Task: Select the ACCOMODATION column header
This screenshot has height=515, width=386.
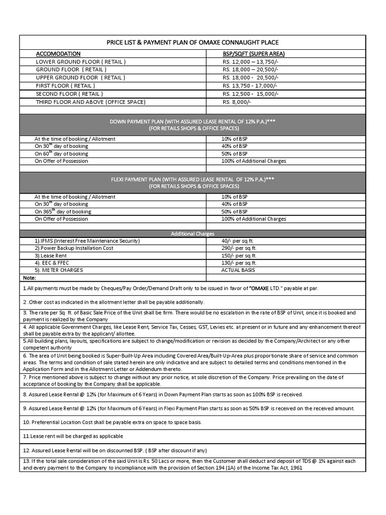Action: [58, 53]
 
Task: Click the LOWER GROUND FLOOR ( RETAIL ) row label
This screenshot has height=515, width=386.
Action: [80, 61]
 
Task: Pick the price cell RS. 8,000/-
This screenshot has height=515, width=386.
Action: [236, 102]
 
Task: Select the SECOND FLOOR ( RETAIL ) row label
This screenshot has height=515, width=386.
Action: [69, 94]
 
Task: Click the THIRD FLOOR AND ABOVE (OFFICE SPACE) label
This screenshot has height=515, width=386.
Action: [90, 102]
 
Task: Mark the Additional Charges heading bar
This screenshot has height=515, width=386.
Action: [192, 234]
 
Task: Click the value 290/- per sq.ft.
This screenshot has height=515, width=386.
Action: [239, 248]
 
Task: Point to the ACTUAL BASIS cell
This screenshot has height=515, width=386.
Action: [238, 270]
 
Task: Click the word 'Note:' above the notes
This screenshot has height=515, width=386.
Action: [30, 278]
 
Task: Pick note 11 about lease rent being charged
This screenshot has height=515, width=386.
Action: [73, 436]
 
